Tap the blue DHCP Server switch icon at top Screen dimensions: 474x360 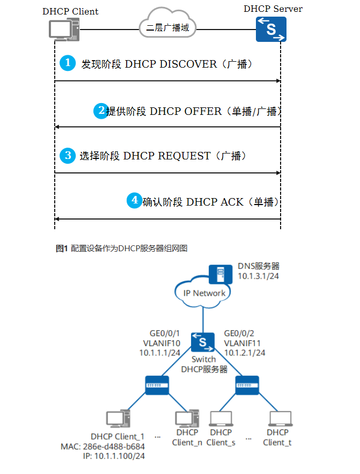(x=270, y=29)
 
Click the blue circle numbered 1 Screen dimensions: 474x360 (x=68, y=63)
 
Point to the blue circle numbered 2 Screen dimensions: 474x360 (x=101, y=111)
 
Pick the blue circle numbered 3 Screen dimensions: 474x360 (x=68, y=156)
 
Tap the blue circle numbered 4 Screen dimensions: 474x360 (x=135, y=201)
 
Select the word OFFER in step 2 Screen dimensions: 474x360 (x=202, y=111)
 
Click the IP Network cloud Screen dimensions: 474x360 (x=204, y=293)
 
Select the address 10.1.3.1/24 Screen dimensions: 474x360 (x=259, y=276)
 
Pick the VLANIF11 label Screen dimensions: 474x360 (x=241, y=343)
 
